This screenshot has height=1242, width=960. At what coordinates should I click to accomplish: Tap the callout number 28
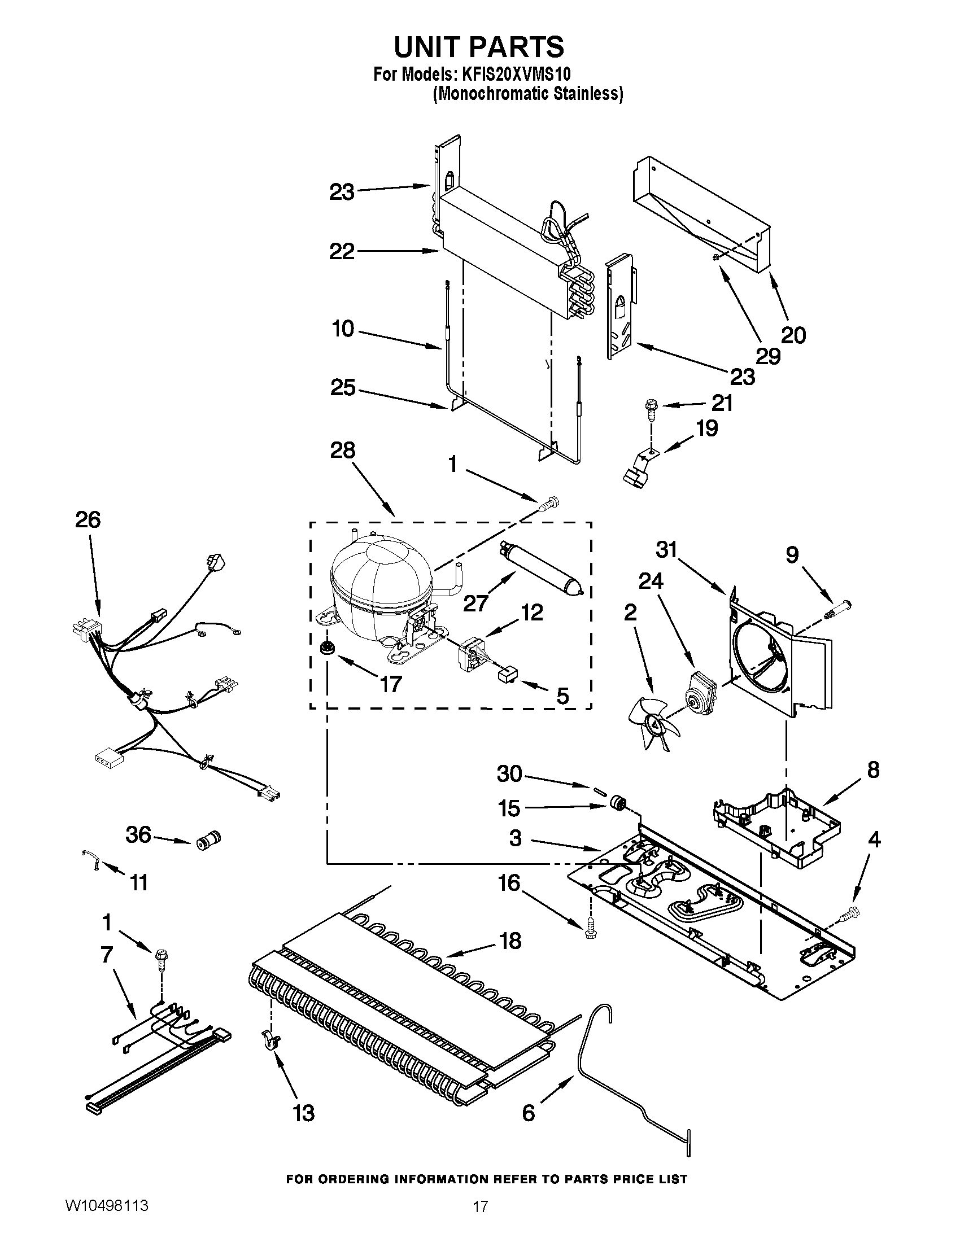coord(342,451)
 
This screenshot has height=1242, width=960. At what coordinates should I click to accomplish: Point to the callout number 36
coord(138,835)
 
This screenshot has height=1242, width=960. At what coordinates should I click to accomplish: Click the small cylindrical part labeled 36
coord(208,840)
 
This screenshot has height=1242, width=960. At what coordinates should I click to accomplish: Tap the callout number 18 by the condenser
coord(510,941)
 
